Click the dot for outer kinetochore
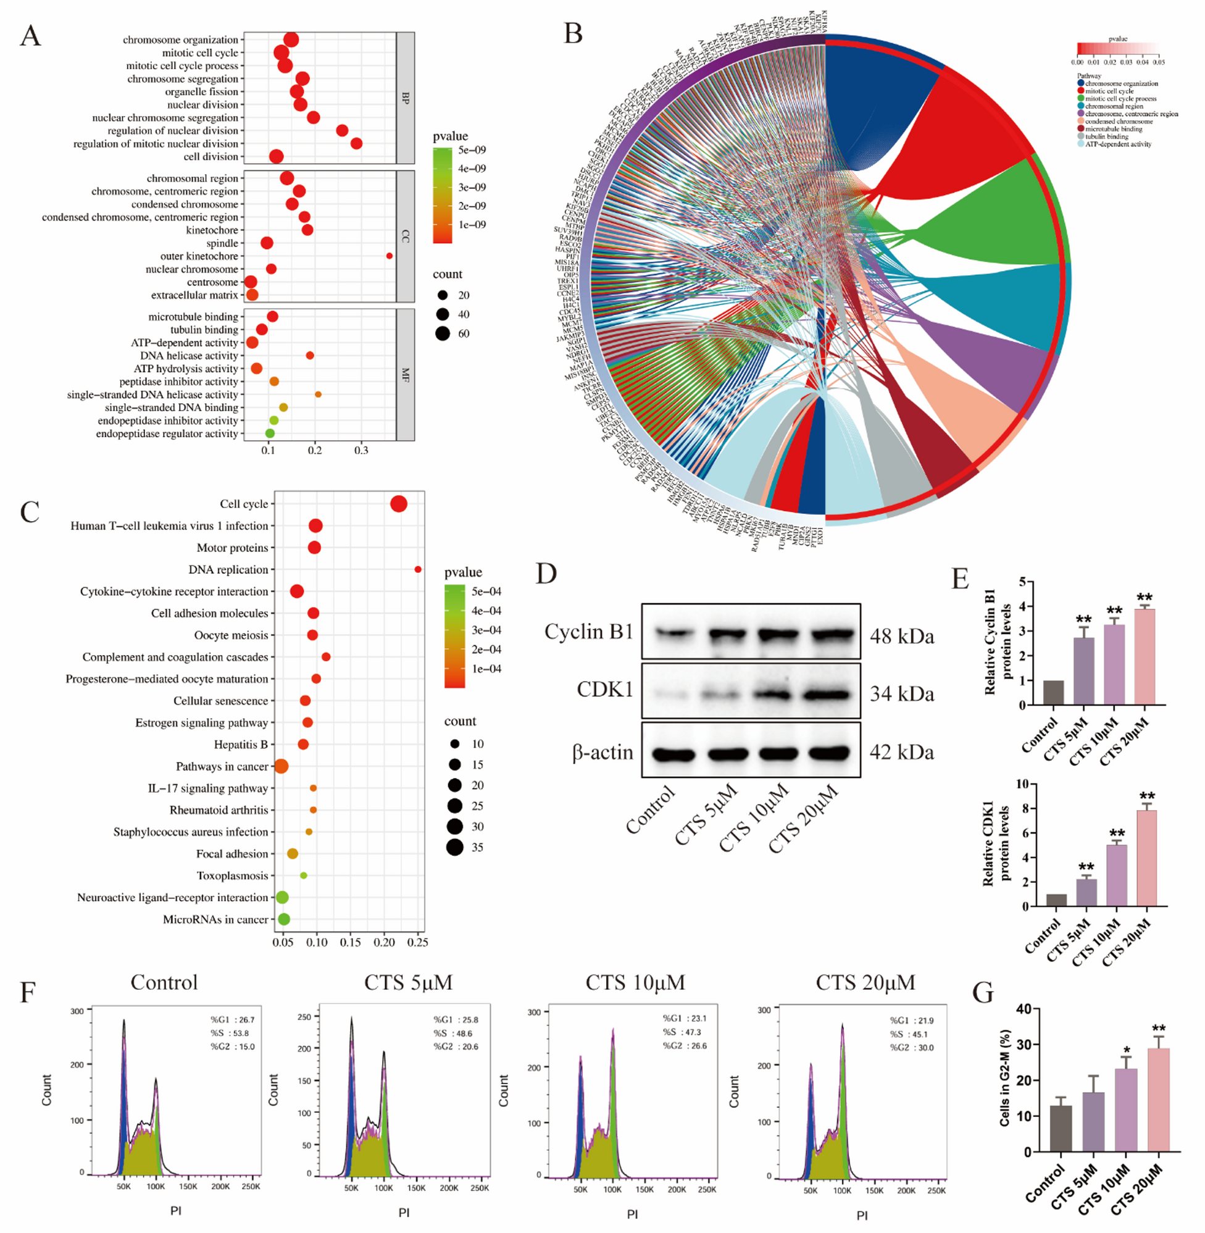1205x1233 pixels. pyautogui.click(x=390, y=256)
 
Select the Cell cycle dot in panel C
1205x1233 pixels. pyautogui.click(x=399, y=504)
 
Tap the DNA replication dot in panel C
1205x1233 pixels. pyautogui.click(x=418, y=569)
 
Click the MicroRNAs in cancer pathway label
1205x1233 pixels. pyautogui.click(x=215, y=919)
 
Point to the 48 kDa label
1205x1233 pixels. pyautogui.click(x=901, y=635)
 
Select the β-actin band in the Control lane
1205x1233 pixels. pyautogui.click(x=672, y=754)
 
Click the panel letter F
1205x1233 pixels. pyautogui.click(x=27, y=992)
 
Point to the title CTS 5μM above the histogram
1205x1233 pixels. pyautogui.click(x=408, y=982)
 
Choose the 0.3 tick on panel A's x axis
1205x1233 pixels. pyautogui.click(x=361, y=451)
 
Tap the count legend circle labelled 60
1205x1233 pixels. pyautogui.click(x=443, y=333)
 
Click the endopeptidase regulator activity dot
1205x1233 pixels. pyautogui.click(x=270, y=433)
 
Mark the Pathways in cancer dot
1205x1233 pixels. pyautogui.click(x=281, y=766)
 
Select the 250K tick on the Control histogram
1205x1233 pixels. pyautogui.click(x=251, y=1186)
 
